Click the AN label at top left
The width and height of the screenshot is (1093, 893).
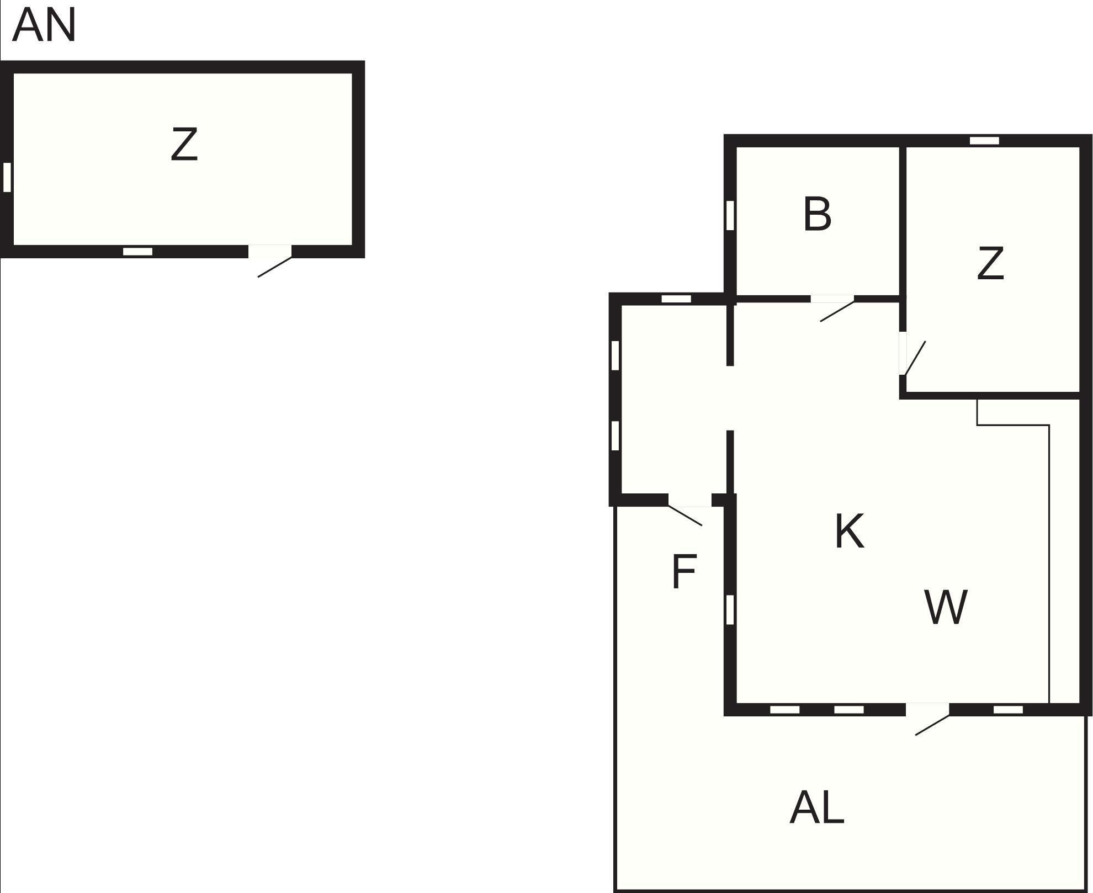pyautogui.click(x=44, y=26)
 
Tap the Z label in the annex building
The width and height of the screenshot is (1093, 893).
pyautogui.click(x=184, y=145)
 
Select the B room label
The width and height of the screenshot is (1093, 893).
pyautogui.click(x=817, y=214)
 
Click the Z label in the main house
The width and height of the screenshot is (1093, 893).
pyautogui.click(x=990, y=264)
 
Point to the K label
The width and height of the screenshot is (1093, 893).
pyautogui.click(x=849, y=531)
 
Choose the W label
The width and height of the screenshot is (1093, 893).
pyautogui.click(x=946, y=607)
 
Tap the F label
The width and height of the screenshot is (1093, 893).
pyautogui.click(x=684, y=572)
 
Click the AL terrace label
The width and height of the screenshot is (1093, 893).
pyautogui.click(x=817, y=808)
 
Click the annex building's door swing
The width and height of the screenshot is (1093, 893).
pyautogui.click(x=274, y=267)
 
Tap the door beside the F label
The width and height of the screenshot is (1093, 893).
pyautogui.click(x=685, y=515)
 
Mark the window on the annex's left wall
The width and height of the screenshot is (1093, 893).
pyautogui.click(x=7, y=177)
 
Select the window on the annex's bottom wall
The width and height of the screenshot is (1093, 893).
pyautogui.click(x=137, y=252)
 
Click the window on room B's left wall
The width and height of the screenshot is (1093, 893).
pyautogui.click(x=730, y=215)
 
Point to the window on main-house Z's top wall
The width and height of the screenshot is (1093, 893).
pyautogui.click(x=984, y=141)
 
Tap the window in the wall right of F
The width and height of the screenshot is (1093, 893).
pyautogui.click(x=730, y=610)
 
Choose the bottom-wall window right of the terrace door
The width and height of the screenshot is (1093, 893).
pyautogui.click(x=1008, y=710)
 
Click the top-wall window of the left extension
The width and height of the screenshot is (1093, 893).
pyautogui.click(x=676, y=299)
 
